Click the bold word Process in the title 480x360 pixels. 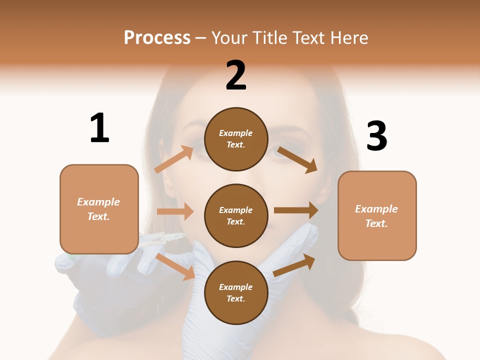click(x=157, y=37)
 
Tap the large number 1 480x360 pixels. click(x=99, y=128)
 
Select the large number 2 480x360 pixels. click(x=236, y=75)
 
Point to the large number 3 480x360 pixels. click(x=376, y=136)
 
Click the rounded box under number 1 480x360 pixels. click(x=99, y=209)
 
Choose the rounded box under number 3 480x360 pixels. click(x=377, y=216)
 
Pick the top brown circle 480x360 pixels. click(x=236, y=139)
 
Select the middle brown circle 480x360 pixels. click(x=236, y=215)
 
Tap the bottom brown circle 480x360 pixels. click(x=236, y=292)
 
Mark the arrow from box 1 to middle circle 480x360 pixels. click(x=175, y=211)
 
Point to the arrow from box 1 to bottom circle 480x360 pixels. click(x=175, y=266)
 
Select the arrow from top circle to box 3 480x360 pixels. click(x=297, y=159)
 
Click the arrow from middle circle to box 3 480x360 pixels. click(x=296, y=210)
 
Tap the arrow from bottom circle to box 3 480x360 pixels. click(x=294, y=265)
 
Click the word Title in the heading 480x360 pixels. click(x=270, y=37)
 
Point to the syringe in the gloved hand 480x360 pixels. click(x=165, y=238)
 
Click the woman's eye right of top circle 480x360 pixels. click(x=278, y=150)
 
